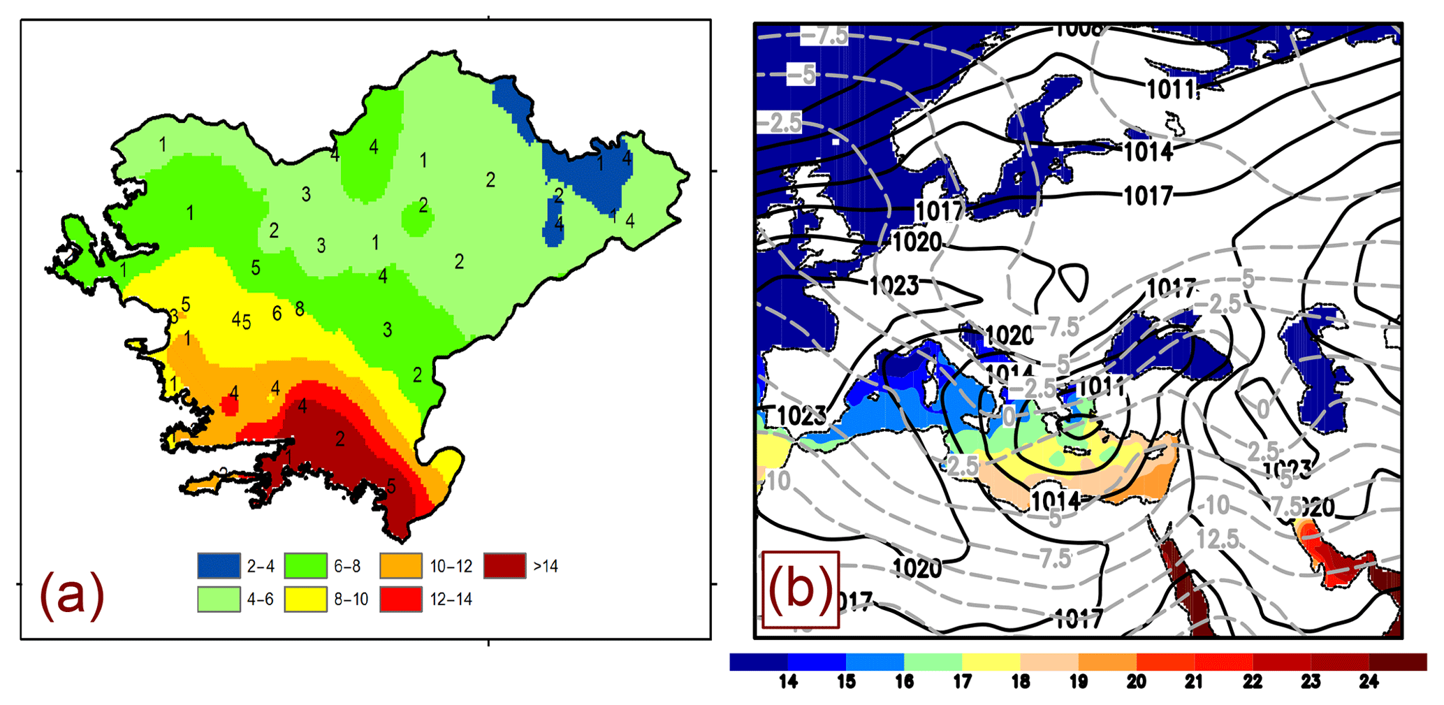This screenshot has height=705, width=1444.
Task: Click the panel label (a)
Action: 72,595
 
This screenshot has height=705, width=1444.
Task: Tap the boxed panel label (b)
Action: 800,589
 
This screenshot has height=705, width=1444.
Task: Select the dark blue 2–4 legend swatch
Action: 219,566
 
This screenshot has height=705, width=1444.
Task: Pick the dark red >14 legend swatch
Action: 504,566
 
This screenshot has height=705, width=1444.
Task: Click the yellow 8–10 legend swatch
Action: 305,599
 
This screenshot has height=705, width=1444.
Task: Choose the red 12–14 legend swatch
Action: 401,599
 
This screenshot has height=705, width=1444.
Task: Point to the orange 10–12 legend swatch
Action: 401,566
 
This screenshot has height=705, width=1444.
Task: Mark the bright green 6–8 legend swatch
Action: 305,566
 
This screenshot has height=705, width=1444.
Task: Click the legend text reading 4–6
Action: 260,599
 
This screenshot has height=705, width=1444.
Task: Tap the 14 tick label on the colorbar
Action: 788,682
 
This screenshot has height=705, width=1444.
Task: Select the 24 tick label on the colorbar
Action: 1369,682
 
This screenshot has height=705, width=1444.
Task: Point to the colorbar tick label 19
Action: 1079,682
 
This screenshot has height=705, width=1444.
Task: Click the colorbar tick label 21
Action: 1195,682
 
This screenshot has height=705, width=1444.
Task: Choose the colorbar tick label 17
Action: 963,682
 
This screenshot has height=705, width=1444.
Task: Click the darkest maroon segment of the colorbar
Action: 1397,662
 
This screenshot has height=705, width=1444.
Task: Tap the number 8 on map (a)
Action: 300,309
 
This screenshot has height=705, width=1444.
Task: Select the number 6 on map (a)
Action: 277,314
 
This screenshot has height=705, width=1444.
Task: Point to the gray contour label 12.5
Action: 1218,539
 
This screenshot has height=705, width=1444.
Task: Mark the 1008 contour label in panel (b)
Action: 1078,29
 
